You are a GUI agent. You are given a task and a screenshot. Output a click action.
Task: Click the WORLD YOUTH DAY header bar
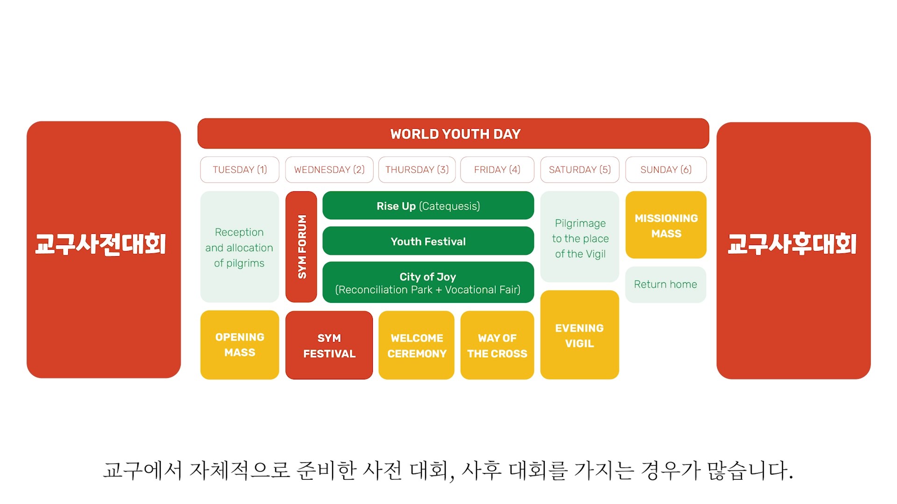pos(453,134)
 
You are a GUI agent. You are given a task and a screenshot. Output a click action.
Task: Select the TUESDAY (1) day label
pos(240,169)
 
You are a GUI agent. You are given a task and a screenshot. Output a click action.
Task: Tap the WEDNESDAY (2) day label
pos(329,169)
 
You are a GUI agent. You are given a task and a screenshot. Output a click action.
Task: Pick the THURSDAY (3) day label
pos(417,169)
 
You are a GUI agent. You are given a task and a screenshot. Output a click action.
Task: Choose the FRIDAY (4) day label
pos(497,169)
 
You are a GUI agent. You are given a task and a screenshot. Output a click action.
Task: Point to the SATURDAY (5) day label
pos(580,169)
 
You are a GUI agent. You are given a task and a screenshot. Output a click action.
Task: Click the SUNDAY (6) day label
pos(666,169)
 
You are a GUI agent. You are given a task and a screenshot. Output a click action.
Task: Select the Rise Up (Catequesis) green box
pos(428,206)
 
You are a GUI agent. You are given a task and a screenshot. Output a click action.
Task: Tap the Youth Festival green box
pos(428,241)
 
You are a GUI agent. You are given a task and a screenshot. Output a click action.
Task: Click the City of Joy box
pos(428,283)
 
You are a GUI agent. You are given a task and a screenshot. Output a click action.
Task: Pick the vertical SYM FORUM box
pos(301,246)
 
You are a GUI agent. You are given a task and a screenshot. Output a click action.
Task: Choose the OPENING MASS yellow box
pos(240,345)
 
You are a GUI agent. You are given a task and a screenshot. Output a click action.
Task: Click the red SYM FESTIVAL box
pos(329,345)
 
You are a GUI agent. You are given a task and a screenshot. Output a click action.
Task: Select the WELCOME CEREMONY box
pos(417,345)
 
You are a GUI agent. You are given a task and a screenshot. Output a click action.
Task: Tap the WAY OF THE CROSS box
pos(497,345)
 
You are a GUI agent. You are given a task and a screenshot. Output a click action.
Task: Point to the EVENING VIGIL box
pos(580,335)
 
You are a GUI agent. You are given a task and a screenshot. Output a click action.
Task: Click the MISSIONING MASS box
pos(666,225)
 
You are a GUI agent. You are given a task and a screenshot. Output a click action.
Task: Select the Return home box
pos(666,285)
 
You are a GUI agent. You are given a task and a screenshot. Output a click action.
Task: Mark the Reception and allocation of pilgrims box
pos(240,247)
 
